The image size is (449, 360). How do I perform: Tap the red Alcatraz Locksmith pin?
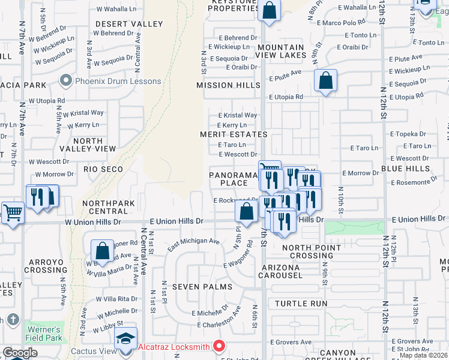[x=219, y=346]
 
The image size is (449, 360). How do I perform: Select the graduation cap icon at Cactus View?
[x=125, y=338]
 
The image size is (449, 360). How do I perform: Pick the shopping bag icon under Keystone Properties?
[x=270, y=11]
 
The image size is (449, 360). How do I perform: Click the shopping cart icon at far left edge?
[x=11, y=212]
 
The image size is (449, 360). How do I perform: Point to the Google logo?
[x=20, y=353]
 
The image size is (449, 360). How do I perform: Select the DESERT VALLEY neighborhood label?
[x=128, y=24]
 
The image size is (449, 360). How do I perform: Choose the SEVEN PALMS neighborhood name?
[x=202, y=287]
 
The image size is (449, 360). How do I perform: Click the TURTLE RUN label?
[x=301, y=304]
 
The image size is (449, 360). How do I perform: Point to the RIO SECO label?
[x=103, y=169]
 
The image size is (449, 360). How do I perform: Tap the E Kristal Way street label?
[x=238, y=115]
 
